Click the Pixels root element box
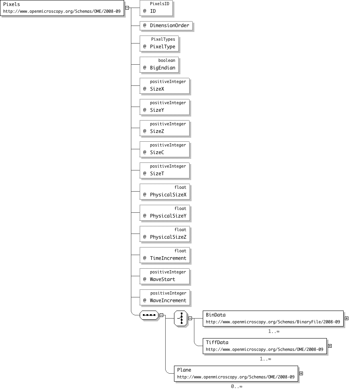tap(62, 8)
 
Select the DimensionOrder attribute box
tap(166, 26)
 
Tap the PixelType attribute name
tap(162, 47)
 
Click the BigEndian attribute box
tap(159, 65)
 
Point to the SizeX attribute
tap(164, 86)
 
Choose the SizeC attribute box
tap(164, 149)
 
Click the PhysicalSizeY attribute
tap(164, 213)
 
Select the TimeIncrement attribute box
tap(164, 255)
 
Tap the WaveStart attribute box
tap(164, 276)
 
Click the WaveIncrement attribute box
tap(164, 297)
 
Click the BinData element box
tap(273, 319)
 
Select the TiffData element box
tap(265, 346)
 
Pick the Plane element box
tap(236, 374)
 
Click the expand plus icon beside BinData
tap(346, 319)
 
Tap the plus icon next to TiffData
tap(330, 346)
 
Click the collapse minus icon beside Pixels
tap(127, 8)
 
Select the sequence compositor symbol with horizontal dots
tap(149, 315)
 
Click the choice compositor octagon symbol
tap(181, 319)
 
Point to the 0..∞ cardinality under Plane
tap(236, 386)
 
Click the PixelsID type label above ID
tap(160, 4)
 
